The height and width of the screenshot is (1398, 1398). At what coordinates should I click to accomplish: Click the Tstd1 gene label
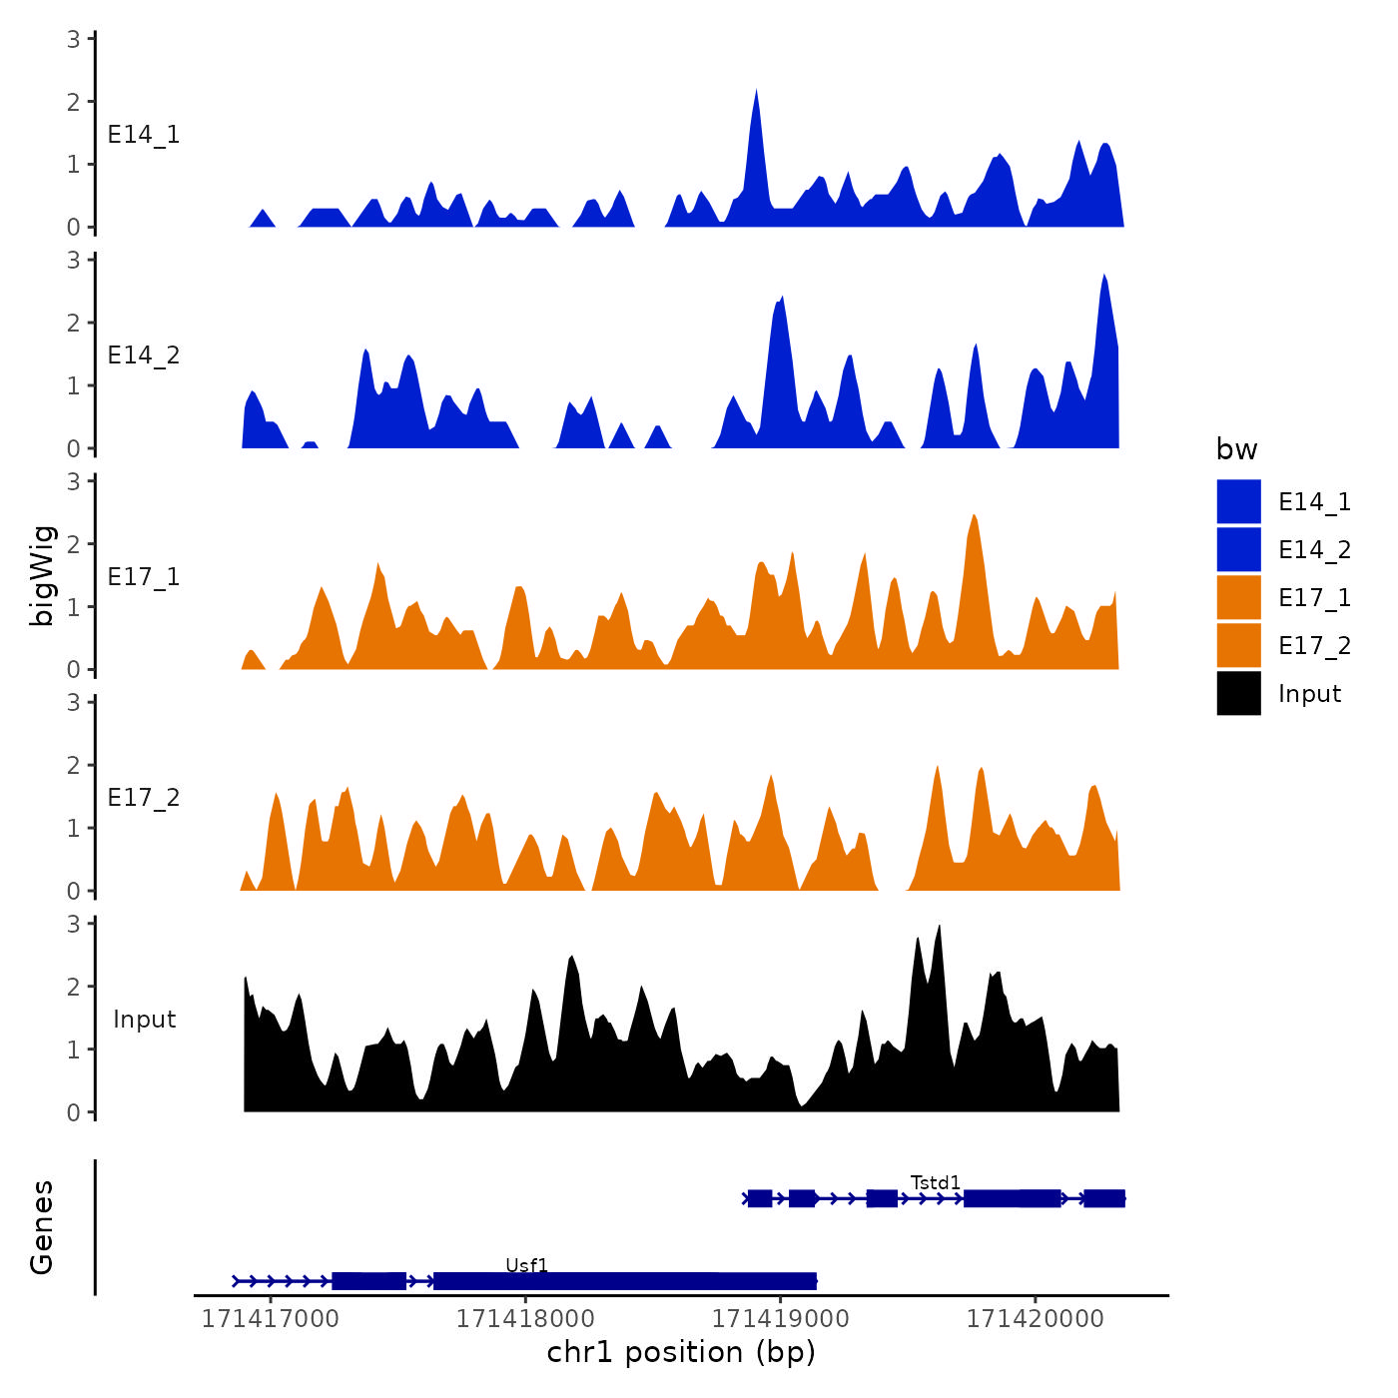tap(935, 1182)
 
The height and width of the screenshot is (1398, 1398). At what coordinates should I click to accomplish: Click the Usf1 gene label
tap(526, 1265)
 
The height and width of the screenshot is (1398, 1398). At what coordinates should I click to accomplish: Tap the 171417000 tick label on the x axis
tap(271, 1319)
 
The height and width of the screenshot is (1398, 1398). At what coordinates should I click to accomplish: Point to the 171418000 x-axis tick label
tap(525, 1319)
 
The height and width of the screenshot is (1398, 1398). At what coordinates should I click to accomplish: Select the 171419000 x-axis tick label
tap(780, 1319)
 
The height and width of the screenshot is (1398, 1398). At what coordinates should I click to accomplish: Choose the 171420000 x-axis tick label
tap(1035, 1319)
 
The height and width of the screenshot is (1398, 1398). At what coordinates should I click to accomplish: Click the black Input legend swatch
tap(1238, 693)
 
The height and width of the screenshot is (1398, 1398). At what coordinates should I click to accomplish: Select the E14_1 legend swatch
tap(1238, 501)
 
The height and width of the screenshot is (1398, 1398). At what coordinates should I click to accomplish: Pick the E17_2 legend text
tap(1314, 646)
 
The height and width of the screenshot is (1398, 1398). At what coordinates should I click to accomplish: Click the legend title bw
tap(1236, 449)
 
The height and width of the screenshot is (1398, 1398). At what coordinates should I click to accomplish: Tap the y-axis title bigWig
tap(42, 575)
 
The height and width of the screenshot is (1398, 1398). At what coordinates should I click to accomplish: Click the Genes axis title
tap(42, 1227)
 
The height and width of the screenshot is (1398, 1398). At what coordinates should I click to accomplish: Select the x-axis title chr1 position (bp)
tap(681, 1352)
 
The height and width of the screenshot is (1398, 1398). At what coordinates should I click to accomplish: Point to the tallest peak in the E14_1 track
tap(756, 92)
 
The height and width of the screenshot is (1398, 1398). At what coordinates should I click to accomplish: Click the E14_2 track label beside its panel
tap(144, 355)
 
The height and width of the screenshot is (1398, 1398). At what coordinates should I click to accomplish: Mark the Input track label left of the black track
tap(144, 1020)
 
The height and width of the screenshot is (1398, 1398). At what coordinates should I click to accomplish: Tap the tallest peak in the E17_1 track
tap(974, 516)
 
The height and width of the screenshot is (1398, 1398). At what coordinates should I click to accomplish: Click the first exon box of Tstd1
tap(760, 1198)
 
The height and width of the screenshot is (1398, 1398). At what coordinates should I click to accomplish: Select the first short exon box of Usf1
tap(368, 1281)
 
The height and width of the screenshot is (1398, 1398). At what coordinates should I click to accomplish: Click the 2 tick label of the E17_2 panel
tap(73, 765)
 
